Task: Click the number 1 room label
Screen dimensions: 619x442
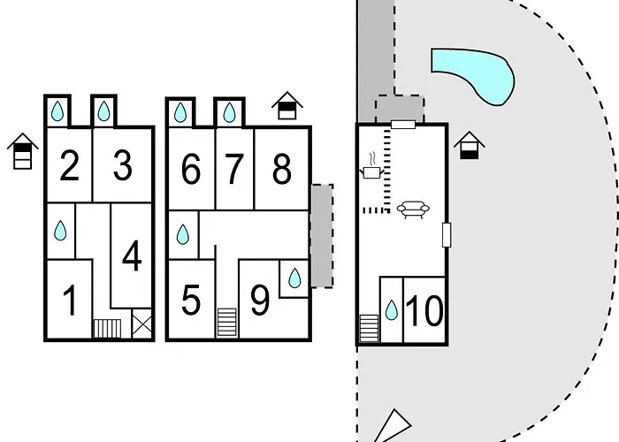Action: [x=70, y=301]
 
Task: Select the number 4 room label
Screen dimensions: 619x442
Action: [x=132, y=255]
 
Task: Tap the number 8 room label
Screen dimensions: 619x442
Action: [x=282, y=169]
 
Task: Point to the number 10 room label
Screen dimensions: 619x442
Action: [x=424, y=311]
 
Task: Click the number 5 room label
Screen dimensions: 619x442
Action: [x=191, y=301]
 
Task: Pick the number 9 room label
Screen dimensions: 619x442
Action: [x=260, y=301]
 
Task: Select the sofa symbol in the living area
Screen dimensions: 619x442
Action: [x=413, y=210]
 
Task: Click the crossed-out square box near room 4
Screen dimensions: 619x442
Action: [x=141, y=324]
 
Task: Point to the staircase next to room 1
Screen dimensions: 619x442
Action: [x=107, y=329]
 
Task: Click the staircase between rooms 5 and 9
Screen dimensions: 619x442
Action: [x=227, y=323]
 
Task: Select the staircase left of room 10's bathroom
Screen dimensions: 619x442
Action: [x=369, y=328]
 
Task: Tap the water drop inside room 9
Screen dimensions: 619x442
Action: [x=294, y=278]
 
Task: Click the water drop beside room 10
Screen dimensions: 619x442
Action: [x=391, y=309]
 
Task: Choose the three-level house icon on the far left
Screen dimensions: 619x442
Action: [x=22, y=151]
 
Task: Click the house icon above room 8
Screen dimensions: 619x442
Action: [x=287, y=105]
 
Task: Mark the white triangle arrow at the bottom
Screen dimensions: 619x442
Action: [x=393, y=426]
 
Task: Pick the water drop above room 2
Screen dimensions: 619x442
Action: [x=57, y=110]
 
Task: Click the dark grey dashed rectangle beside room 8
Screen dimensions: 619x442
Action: [x=322, y=236]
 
